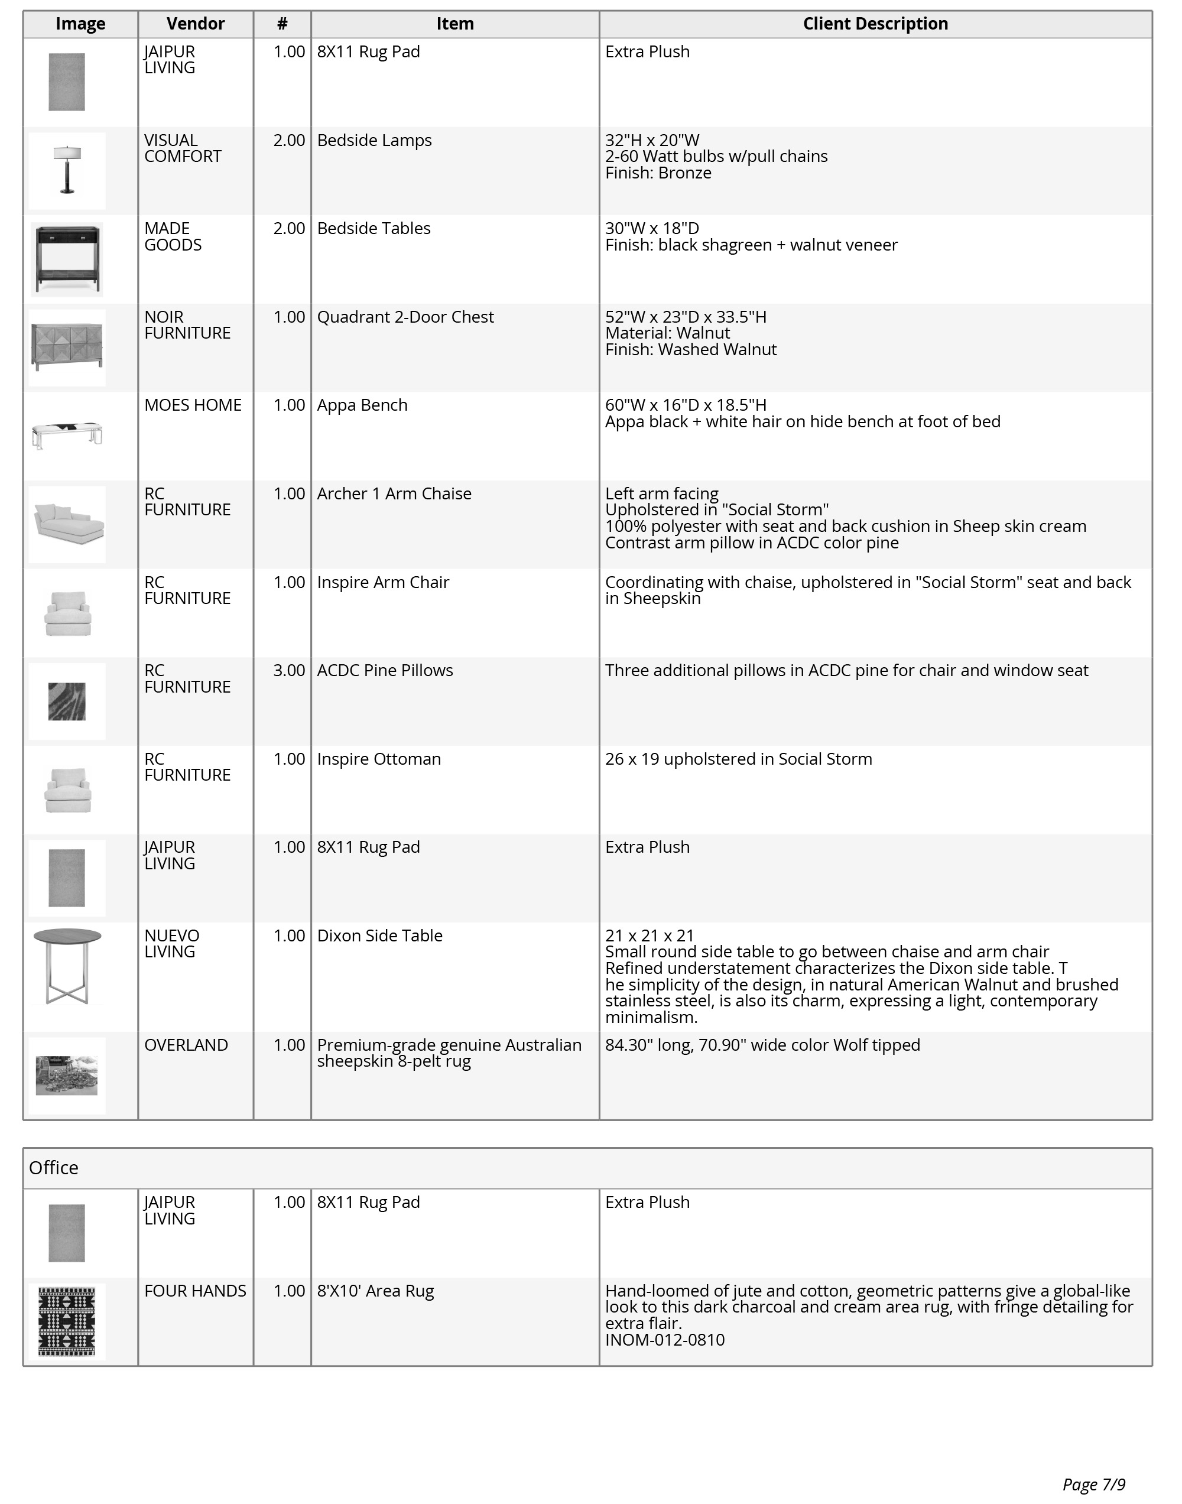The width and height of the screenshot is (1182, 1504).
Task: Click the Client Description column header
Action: pyautogui.click(x=875, y=24)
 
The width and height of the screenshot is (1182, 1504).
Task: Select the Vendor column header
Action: pyautogui.click(x=195, y=24)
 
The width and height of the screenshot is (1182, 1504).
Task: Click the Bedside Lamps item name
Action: pyautogui.click(x=374, y=141)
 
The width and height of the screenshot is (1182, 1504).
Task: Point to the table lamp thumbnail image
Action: pyautogui.click(x=67, y=170)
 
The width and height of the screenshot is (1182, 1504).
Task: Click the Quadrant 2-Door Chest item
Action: pyautogui.click(x=405, y=317)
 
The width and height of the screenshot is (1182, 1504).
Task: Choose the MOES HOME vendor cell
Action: pyautogui.click(x=193, y=405)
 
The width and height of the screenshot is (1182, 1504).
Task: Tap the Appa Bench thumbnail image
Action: pyautogui.click(x=67, y=435)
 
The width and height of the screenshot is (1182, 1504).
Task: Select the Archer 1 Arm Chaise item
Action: pyautogui.click(x=394, y=494)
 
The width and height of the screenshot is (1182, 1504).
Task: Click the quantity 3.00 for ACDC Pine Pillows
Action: pyautogui.click(x=288, y=670)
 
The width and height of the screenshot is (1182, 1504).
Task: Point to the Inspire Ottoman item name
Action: pyautogui.click(x=379, y=759)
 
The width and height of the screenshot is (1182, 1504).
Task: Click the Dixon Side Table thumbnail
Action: pyautogui.click(x=67, y=966)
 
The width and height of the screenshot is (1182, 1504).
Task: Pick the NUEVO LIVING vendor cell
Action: pyautogui.click(x=171, y=944)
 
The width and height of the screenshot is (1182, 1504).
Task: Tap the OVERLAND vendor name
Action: pyautogui.click(x=186, y=1045)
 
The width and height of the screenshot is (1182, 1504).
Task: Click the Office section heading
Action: pyautogui.click(x=53, y=1168)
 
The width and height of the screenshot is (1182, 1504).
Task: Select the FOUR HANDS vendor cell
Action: pyautogui.click(x=194, y=1291)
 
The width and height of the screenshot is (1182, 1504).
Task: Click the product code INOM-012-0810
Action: pyautogui.click(x=664, y=1340)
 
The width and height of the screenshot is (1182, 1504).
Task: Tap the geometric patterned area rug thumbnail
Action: pyautogui.click(x=67, y=1321)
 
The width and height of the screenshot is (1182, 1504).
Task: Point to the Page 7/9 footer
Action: pyautogui.click(x=1093, y=1484)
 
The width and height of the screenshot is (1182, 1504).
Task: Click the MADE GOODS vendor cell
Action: pyautogui.click(x=173, y=236)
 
